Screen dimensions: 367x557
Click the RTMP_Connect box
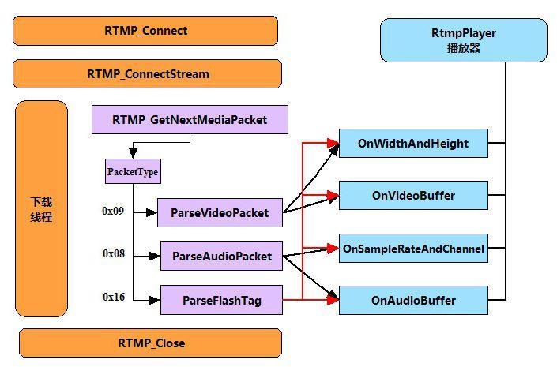point(145,31)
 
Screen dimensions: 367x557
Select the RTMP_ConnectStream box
point(147,74)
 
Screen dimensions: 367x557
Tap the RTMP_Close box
point(150,343)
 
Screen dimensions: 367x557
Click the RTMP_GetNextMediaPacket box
point(190,120)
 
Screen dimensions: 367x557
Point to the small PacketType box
point(132,171)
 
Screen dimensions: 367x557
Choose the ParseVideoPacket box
point(220,212)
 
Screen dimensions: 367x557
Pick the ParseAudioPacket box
point(221,256)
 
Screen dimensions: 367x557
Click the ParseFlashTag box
point(221,300)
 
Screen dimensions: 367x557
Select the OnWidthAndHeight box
point(413,144)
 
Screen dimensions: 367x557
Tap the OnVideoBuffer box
point(413,194)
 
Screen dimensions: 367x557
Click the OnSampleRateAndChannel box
point(413,249)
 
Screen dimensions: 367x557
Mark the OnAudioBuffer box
point(413,300)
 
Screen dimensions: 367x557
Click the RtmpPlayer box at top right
point(463,41)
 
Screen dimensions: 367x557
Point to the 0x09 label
point(113,211)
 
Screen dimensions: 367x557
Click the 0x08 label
point(114,253)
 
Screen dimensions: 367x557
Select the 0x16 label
point(114,297)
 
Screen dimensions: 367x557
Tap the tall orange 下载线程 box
point(41,209)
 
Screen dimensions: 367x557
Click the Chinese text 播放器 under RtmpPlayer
point(463,48)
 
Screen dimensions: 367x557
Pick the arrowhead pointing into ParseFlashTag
point(156,299)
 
